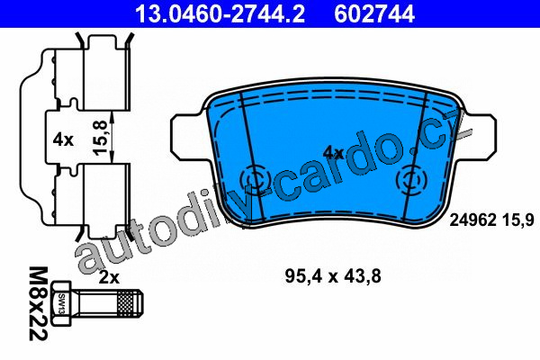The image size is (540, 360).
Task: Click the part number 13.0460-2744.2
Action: click(x=220, y=13)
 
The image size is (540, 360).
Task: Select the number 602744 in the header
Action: click(x=374, y=13)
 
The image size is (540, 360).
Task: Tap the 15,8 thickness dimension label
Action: click(x=102, y=137)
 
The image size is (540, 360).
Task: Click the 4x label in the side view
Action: click(x=63, y=139)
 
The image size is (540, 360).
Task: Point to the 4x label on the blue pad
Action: click(x=333, y=152)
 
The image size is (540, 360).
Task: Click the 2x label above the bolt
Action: click(x=109, y=277)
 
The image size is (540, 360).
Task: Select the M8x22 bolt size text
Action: click(x=38, y=303)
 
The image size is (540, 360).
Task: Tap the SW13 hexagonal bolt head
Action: click(x=61, y=303)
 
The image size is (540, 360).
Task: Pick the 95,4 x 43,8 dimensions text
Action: click(x=333, y=276)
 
